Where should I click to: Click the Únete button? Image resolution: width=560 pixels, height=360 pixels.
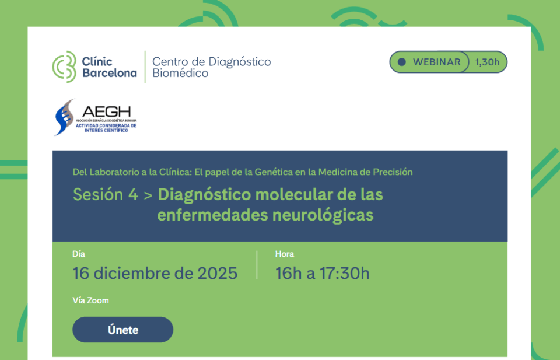[123, 330]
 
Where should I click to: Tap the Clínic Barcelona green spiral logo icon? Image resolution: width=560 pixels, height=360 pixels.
[64, 67]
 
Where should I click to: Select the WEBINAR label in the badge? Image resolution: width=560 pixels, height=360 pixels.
[437, 62]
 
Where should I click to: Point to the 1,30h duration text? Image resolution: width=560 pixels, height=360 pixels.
[487, 62]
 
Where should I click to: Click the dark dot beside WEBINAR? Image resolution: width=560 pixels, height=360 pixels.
[401, 62]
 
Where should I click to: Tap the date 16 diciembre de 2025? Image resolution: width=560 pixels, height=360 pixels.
[155, 273]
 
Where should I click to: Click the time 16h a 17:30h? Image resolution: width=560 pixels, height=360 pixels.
[322, 273]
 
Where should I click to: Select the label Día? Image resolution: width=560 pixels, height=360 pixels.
[79, 254]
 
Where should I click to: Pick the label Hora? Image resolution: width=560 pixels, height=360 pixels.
[285, 254]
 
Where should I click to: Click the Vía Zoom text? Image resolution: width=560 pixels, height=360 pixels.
[90, 300]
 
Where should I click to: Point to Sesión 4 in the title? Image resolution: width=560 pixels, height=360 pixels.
[106, 194]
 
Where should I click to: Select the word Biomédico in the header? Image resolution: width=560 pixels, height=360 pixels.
[180, 74]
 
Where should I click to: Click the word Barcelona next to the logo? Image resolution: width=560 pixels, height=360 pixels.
[110, 74]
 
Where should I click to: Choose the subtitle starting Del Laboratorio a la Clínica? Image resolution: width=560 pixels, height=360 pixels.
[242, 172]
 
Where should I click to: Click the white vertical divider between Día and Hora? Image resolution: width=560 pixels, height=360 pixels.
[257, 265]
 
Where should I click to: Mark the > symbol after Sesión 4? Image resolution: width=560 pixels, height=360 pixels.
[148, 195]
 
